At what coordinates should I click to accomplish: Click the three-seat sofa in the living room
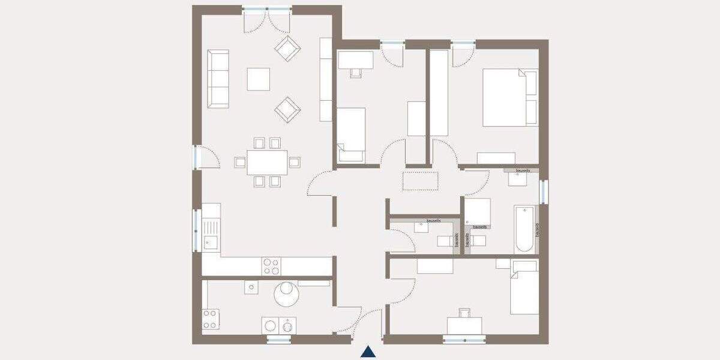point(218,79)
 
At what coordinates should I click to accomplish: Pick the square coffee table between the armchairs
point(258,79)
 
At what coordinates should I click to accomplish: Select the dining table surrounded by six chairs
point(267,161)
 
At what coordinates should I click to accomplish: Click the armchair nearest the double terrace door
point(287,47)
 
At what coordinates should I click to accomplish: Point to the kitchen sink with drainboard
point(210,233)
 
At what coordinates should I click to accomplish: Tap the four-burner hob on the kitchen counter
point(271,266)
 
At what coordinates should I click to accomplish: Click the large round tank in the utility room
point(287,295)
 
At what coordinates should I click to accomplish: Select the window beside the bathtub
point(543,191)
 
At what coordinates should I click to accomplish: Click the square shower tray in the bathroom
point(478,211)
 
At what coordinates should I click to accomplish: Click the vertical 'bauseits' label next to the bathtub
point(537,229)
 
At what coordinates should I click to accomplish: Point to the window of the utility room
point(278,340)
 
